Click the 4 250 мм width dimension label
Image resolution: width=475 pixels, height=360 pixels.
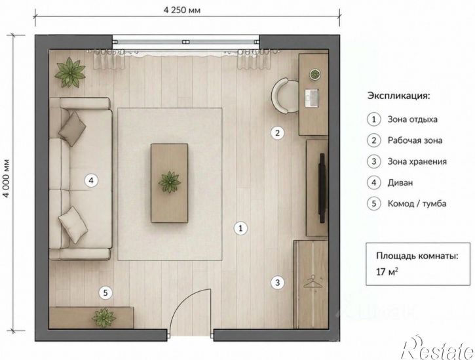(x=181, y=10)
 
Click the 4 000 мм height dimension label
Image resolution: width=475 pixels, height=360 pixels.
(x=7, y=178)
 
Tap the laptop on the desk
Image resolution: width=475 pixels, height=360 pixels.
(x=312, y=98)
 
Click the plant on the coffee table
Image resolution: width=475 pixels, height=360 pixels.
(x=169, y=182)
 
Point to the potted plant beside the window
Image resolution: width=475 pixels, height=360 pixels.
(x=70, y=72)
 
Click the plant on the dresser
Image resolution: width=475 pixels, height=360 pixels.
(x=104, y=317)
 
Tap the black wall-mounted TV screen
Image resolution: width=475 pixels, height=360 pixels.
(x=322, y=188)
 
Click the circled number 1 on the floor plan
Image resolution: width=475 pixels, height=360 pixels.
(x=240, y=228)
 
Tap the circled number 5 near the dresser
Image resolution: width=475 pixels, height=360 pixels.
(x=105, y=292)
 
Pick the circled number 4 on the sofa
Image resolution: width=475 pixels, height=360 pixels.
(x=91, y=181)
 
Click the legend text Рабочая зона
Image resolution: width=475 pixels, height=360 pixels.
(x=415, y=140)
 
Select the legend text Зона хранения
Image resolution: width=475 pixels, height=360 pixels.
(x=417, y=161)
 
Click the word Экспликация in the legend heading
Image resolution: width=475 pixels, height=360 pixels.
(x=398, y=96)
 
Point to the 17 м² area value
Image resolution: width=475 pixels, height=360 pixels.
(x=387, y=271)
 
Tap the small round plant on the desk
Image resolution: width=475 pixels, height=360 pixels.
(x=315, y=74)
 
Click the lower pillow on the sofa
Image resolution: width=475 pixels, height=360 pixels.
(x=73, y=224)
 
